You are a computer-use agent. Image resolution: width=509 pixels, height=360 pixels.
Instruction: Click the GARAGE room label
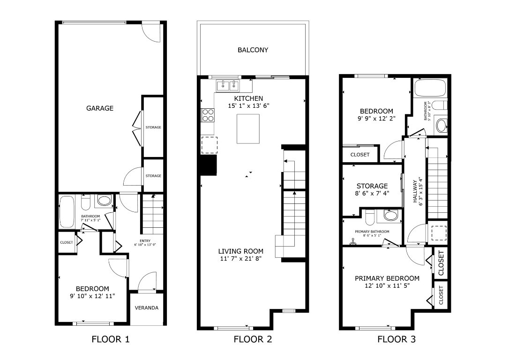pos(99,108)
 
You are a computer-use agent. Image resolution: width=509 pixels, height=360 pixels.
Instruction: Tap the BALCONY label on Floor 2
pos(253,50)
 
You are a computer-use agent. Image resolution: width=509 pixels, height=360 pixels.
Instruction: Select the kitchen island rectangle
pos(248,128)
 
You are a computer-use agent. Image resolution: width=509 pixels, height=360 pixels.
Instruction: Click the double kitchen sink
pos(228,86)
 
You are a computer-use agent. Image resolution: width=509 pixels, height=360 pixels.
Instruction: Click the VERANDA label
pos(147,308)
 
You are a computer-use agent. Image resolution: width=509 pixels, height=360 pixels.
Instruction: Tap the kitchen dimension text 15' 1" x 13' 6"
pos(248,106)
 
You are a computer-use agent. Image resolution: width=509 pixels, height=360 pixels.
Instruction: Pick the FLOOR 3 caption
pos(396,339)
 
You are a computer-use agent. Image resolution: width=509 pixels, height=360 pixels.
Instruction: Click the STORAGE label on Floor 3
pos(372,186)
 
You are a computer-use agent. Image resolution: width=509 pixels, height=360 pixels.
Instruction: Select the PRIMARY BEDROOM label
pos(387,278)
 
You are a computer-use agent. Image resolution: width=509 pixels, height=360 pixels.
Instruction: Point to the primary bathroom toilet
pos(390,216)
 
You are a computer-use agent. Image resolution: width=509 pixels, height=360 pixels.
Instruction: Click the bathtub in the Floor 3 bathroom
pos(430,89)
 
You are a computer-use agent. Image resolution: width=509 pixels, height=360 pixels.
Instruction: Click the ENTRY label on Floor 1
pos(145,240)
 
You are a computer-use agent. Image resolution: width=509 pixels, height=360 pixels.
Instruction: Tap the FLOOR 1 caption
pos(110,339)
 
